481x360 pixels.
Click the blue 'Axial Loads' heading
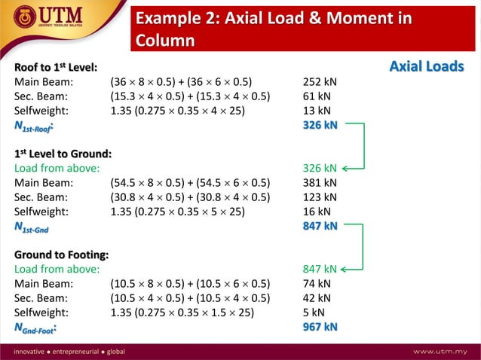point(426,67)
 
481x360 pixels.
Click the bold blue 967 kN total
point(320,327)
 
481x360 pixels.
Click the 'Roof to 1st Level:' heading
point(56,68)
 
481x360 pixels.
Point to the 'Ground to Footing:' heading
point(61,255)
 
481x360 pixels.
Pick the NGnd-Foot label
point(38,328)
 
